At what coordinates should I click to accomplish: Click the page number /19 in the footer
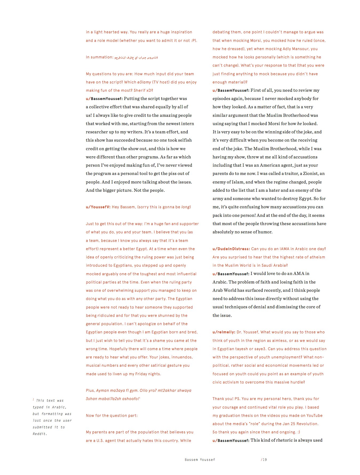(264, 460)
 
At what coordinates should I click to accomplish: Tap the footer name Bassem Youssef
(200, 460)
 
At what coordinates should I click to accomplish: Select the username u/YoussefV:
(98, 207)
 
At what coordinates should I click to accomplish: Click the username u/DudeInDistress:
(231, 249)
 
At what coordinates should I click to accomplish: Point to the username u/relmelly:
(224, 332)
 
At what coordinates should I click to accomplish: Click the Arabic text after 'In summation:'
(136, 57)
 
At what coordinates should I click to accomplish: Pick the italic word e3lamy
(144, 82)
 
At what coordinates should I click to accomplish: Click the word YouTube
(314, 416)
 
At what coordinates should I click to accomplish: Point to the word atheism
(316, 257)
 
